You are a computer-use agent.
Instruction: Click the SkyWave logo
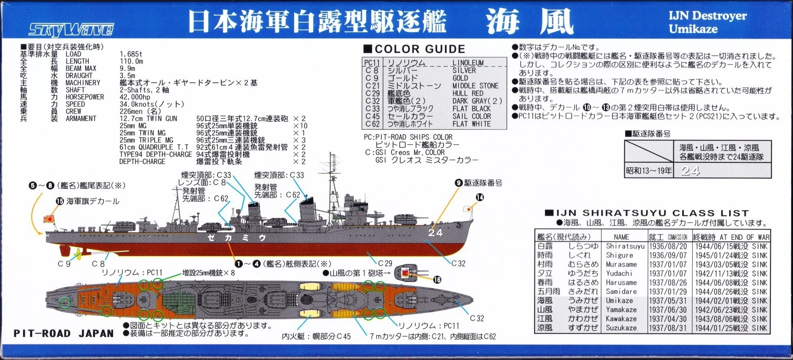71,29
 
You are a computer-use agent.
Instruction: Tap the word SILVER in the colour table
464,70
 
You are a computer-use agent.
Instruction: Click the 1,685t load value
131,54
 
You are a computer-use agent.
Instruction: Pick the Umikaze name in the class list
619,301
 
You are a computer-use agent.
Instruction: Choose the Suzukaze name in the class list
621,328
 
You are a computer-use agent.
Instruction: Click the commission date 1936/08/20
668,246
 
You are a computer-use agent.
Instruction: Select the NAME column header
621,237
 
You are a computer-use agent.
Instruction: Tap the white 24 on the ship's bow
435,233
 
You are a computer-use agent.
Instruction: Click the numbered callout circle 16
437,280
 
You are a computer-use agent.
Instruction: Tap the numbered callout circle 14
480,197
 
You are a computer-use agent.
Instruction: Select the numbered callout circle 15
59,201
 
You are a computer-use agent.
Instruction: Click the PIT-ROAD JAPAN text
63,333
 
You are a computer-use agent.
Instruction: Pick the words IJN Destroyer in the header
707,16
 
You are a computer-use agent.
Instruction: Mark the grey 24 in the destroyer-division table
690,171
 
